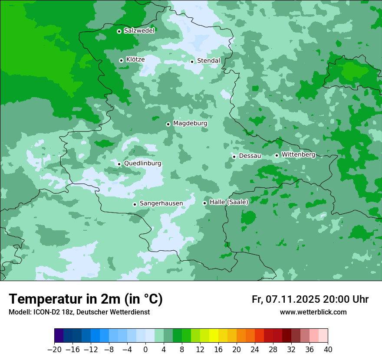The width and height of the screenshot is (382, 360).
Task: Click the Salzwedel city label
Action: (x=139, y=30)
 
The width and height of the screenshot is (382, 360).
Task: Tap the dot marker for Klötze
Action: (x=121, y=60)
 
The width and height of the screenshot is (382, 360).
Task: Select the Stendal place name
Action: (x=208, y=61)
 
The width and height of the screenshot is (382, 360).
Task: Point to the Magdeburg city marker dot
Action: (x=168, y=124)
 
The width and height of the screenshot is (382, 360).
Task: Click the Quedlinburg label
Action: (x=142, y=164)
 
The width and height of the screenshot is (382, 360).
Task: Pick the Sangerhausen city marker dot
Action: (x=135, y=204)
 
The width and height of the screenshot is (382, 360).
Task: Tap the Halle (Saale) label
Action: (x=229, y=202)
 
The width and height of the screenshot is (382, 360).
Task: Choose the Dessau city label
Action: (x=250, y=156)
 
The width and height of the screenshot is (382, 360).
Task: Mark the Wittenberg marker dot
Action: (x=277, y=155)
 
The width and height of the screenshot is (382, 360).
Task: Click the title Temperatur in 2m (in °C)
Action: (x=86, y=299)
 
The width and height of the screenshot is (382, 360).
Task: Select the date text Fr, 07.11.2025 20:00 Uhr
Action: (x=310, y=299)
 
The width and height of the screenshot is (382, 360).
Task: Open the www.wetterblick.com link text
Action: (x=313, y=312)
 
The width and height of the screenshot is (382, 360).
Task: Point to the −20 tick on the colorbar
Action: (x=54, y=350)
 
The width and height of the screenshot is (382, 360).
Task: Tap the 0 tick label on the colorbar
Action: (x=145, y=350)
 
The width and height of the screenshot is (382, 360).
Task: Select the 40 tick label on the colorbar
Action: (x=328, y=350)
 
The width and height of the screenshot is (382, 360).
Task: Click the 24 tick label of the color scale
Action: (x=255, y=350)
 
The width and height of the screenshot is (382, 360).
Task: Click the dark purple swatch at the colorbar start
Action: (x=59, y=336)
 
